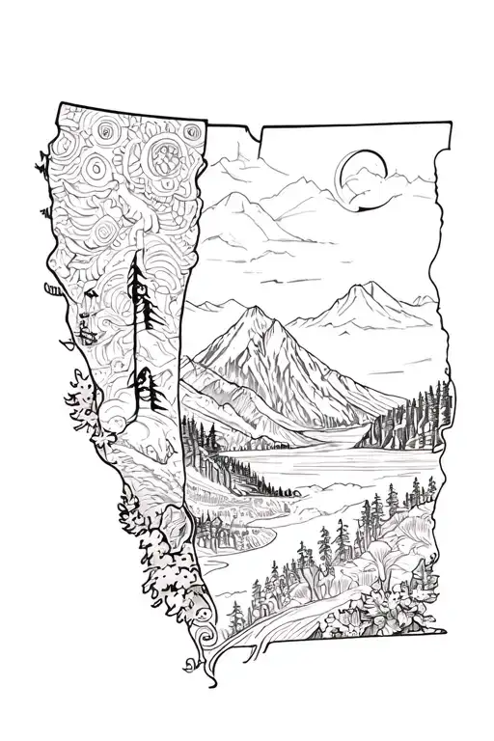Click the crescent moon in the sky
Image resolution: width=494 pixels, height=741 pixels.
353,178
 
